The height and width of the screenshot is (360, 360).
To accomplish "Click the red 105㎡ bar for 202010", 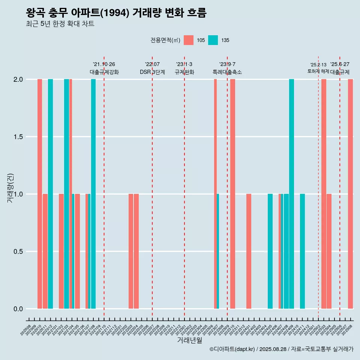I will point(40,194).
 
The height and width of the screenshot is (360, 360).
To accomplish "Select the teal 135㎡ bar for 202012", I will point(50,194).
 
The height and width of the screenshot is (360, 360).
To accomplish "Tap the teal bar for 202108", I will point(93,194).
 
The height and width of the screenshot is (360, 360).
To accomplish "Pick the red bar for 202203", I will point(131,251).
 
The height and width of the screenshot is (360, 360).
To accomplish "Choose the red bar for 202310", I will point(233,194).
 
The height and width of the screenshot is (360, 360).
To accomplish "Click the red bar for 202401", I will point(249,251).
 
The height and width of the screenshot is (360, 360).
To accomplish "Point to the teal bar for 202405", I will point(270,251).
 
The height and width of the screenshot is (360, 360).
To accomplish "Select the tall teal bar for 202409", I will point(291,194).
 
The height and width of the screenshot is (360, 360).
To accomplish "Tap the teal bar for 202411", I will point(302,251).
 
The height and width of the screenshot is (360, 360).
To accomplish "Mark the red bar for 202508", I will point(350,194).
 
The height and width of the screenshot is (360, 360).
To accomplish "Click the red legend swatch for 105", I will point(189,40).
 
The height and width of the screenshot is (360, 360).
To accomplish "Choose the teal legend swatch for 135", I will point(213,40).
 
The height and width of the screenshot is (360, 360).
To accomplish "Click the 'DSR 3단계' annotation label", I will point(152,72).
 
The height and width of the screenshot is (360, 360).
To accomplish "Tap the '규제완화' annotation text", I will point(184,72).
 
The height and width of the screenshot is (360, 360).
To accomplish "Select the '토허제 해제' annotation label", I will point(318,71).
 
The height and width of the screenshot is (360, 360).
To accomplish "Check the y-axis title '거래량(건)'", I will point(10,187).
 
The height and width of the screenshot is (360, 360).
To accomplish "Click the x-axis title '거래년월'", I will point(189,340).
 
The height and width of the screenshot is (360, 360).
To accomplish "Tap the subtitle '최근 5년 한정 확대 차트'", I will point(60,24).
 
